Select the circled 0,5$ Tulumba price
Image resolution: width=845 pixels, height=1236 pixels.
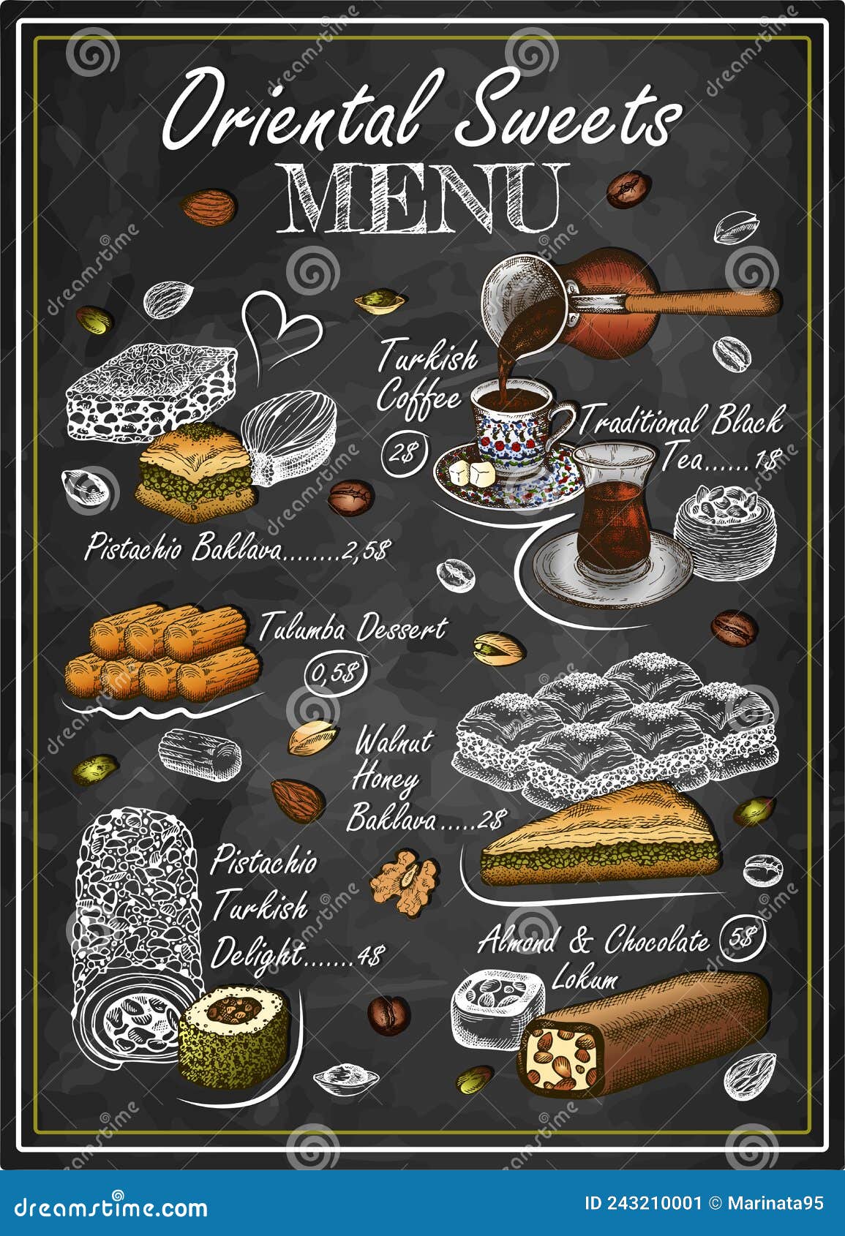coord(335,671)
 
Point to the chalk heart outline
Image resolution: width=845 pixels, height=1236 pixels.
coord(279,329)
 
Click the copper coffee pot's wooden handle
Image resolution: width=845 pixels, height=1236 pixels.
coord(702,301)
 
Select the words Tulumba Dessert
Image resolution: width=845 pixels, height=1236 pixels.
coord(352,628)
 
